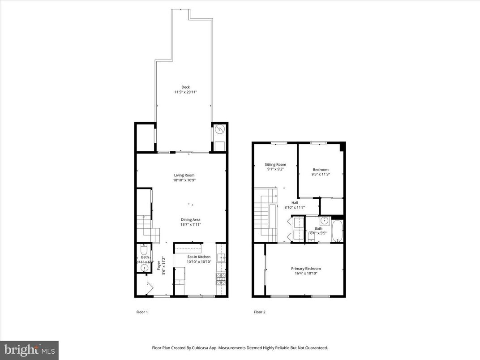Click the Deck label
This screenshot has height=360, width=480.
(x=185, y=87)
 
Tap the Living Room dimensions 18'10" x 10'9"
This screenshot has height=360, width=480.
(x=185, y=180)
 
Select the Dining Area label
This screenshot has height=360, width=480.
(x=190, y=219)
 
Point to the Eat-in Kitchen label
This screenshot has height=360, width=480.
(x=198, y=257)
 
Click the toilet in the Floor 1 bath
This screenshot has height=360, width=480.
(x=144, y=248)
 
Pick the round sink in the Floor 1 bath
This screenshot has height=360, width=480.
(x=144, y=268)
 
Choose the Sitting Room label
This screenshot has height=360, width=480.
(x=275, y=164)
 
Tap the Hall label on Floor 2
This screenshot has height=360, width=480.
(x=295, y=202)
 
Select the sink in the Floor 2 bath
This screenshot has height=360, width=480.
(x=324, y=220)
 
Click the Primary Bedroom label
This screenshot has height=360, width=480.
(x=306, y=268)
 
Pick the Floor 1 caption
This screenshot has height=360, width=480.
(x=142, y=312)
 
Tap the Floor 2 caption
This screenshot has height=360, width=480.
(x=260, y=312)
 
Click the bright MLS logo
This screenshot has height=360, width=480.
(x=29, y=350)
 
